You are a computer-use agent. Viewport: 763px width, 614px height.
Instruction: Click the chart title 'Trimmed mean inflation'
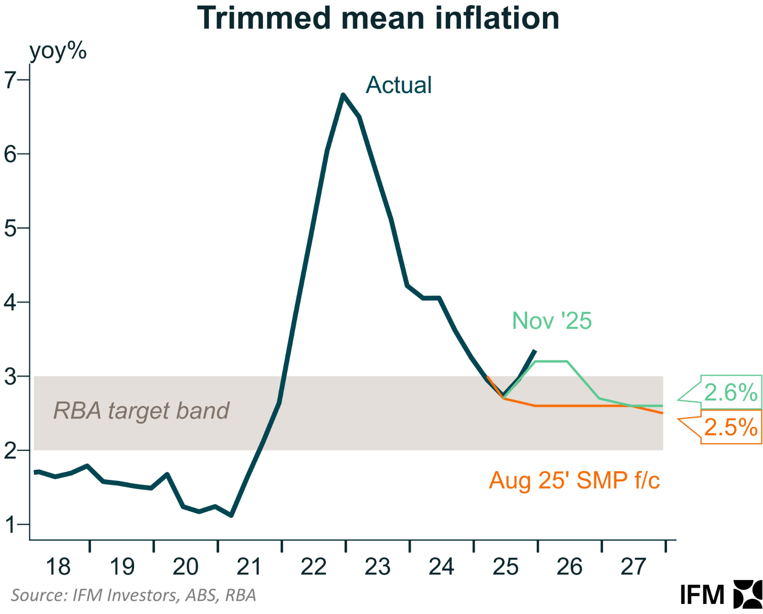tap(378, 18)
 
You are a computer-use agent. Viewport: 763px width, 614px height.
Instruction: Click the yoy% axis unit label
tap(58, 51)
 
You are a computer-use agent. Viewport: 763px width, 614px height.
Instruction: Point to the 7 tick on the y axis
tap(11, 80)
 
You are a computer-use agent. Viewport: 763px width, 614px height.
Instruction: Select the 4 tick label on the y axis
tap(11, 303)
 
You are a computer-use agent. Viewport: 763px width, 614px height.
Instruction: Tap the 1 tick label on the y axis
tap(11, 525)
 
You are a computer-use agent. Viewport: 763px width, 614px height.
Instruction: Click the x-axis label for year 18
tap(58, 567)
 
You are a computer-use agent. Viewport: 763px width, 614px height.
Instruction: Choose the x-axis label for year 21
tap(249, 567)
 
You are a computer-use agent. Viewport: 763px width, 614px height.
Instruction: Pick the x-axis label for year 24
tap(441, 567)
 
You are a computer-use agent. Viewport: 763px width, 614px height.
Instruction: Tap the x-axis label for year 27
tap(633, 567)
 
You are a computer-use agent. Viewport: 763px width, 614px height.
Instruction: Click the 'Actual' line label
tap(399, 85)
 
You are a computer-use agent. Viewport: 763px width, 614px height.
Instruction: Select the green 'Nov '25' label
tap(552, 321)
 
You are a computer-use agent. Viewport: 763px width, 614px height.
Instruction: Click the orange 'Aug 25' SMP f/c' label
tap(574, 480)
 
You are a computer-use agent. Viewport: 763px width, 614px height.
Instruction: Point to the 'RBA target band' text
tap(141, 411)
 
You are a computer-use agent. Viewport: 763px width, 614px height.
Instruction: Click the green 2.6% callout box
tap(731, 393)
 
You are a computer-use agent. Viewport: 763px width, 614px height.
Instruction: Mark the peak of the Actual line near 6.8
tap(343, 95)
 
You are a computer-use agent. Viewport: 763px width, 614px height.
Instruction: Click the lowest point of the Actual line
tap(231, 515)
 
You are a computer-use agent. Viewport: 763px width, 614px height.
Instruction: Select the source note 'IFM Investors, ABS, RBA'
tap(134, 595)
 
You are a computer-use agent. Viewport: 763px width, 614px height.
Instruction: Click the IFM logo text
tap(702, 595)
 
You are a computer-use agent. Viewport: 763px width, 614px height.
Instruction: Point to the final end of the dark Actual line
tap(535, 350)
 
